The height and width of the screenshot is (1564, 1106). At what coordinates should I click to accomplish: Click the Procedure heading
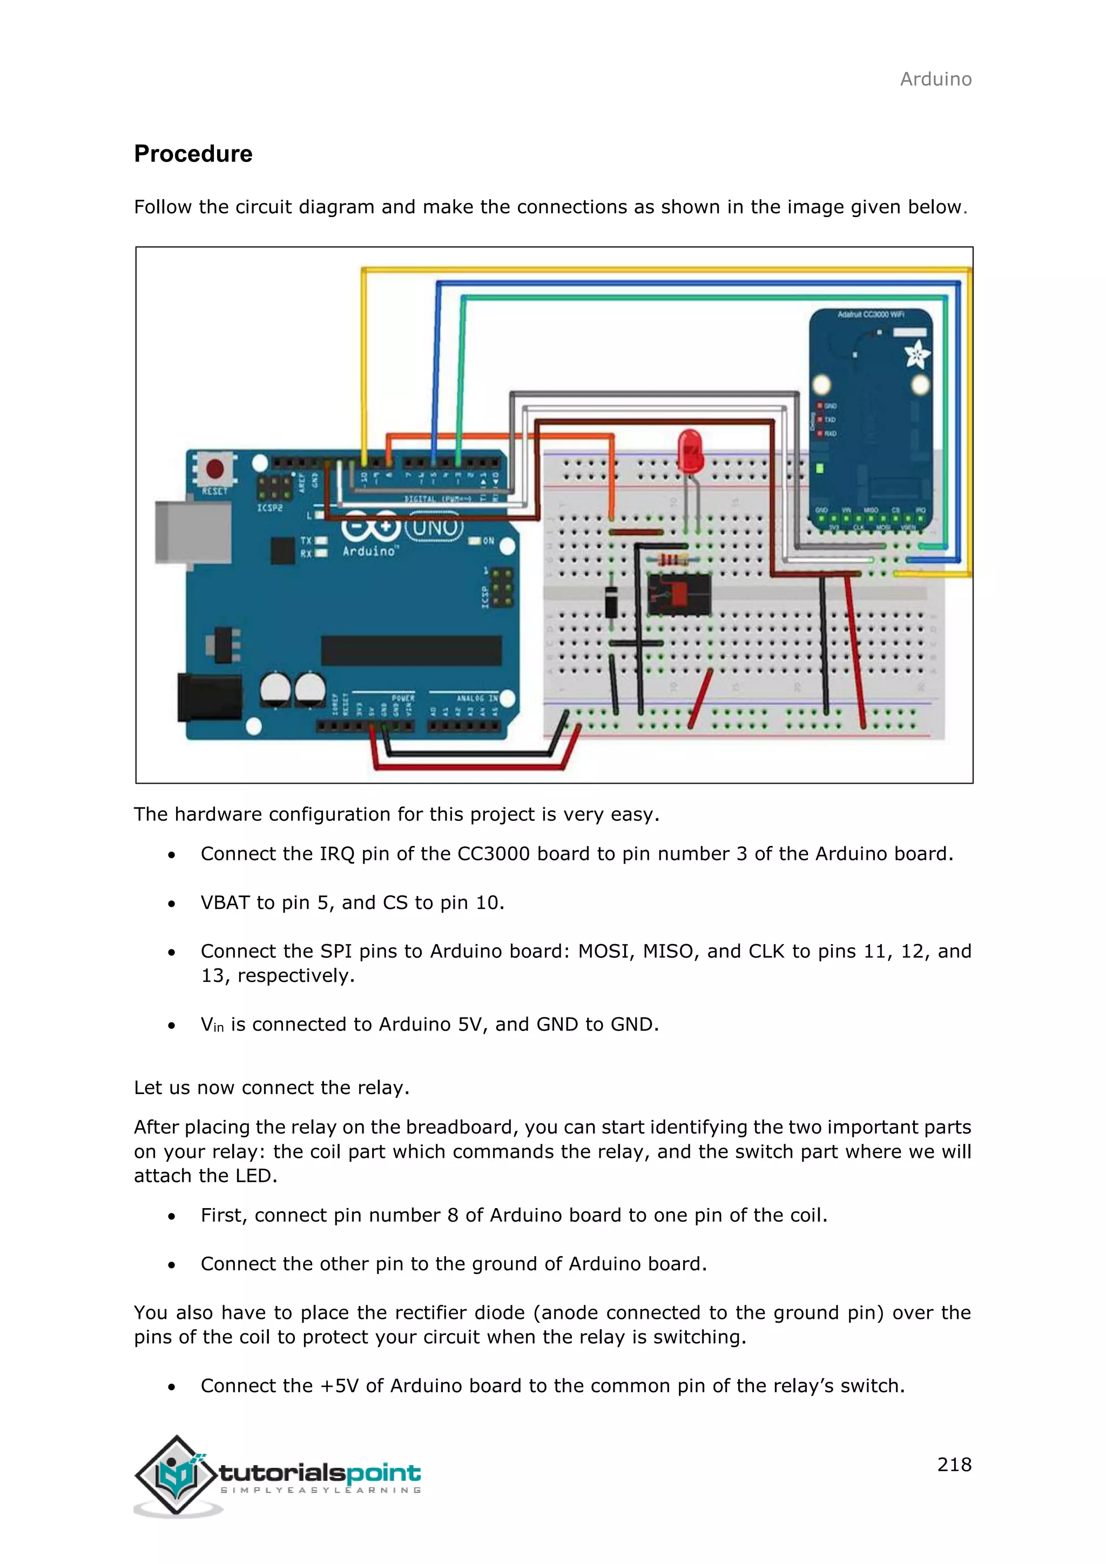click(x=193, y=154)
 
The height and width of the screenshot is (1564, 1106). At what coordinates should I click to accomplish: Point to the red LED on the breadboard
click(x=690, y=450)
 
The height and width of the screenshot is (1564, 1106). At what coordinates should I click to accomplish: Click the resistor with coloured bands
click(x=670, y=560)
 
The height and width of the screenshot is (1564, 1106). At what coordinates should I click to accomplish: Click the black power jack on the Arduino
click(x=208, y=696)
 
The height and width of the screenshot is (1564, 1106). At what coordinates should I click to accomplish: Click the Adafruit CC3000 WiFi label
click(x=871, y=315)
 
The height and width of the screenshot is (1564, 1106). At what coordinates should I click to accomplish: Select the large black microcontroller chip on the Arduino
click(x=412, y=651)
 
